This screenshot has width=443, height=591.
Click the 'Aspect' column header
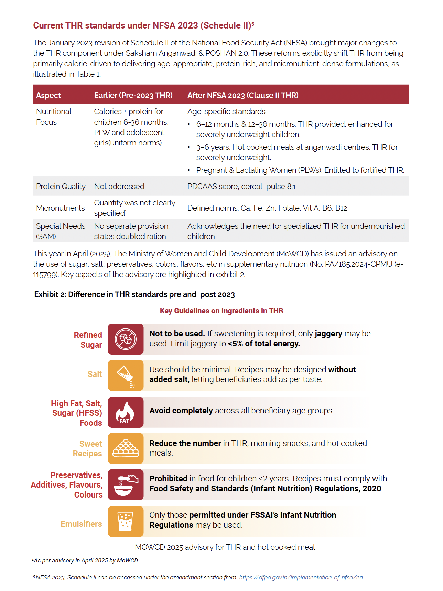coord(48,95)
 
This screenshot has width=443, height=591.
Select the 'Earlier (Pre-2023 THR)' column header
coord(133,95)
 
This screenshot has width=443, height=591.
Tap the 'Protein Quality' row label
coord(61,186)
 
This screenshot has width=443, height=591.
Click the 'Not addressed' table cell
coord(119,186)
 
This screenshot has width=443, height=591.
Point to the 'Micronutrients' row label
coord(60,208)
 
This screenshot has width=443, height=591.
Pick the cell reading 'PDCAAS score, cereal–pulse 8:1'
coord(241,186)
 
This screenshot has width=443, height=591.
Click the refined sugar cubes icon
coord(126,339)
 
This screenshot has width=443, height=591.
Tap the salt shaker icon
coord(126,375)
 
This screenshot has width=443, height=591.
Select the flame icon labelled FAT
coord(126,412)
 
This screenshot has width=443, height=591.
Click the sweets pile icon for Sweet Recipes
coord(126,448)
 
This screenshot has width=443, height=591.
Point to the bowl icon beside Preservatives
coord(126,484)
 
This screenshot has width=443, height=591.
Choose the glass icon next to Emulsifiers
coord(126,521)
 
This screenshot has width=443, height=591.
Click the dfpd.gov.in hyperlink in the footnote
coord(301,577)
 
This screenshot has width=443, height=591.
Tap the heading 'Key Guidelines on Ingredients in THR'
coord(221,311)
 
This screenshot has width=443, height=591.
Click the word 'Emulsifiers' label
coord(81,524)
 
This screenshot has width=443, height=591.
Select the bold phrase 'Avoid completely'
coord(181,411)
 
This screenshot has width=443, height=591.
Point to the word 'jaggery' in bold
coord(328,334)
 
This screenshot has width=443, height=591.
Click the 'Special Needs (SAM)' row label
coord(61,231)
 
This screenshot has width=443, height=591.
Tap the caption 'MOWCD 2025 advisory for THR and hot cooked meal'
coord(225,547)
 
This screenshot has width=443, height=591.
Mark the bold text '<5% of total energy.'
coord(264,344)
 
